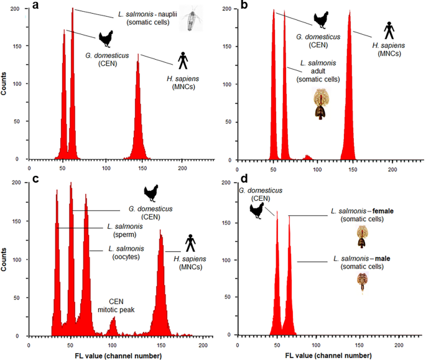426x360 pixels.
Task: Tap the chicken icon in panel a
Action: [104, 39]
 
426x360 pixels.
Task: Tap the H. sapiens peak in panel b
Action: [350, 93]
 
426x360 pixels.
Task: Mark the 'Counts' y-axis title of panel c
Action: [6, 261]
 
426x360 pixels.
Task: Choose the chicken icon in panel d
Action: [256, 211]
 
